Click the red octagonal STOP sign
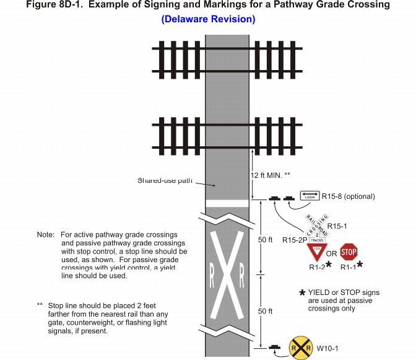click(349, 252)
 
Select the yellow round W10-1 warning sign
click(300, 348)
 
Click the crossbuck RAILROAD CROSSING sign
click(317, 229)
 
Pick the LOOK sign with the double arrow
click(310, 196)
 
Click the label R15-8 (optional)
click(349, 196)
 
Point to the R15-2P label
click(294, 240)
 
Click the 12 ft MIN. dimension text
click(270, 175)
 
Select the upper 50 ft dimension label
click(265, 240)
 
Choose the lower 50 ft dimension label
click(265, 311)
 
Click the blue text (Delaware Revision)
click(208, 19)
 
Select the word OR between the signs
click(332, 253)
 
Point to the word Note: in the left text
click(46, 235)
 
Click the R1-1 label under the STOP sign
click(347, 267)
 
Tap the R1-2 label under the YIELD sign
click(316, 267)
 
